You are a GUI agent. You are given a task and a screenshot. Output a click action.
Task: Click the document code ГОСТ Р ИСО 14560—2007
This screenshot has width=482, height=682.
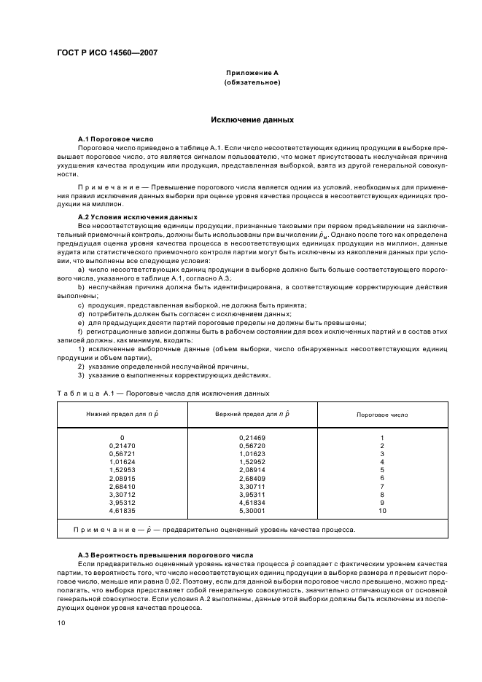(x=106, y=52)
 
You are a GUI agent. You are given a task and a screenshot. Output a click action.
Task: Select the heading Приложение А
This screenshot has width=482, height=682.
(x=252, y=73)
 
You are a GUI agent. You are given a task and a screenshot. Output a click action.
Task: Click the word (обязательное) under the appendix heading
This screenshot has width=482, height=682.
(x=252, y=82)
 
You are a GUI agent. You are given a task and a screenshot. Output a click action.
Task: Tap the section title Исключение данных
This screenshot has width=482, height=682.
(x=252, y=119)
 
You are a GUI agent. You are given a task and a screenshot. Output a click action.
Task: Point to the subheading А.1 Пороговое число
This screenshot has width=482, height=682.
(x=115, y=138)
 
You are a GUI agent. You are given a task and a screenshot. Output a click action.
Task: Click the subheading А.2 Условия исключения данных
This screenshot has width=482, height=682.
(x=137, y=217)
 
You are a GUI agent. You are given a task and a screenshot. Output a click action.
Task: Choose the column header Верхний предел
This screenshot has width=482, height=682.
(x=252, y=414)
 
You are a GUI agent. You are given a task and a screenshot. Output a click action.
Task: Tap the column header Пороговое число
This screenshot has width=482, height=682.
(x=382, y=414)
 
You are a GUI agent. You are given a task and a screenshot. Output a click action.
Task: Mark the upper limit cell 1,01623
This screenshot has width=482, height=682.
(x=252, y=453)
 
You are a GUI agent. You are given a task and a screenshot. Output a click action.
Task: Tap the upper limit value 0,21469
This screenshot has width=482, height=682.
(x=252, y=438)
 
